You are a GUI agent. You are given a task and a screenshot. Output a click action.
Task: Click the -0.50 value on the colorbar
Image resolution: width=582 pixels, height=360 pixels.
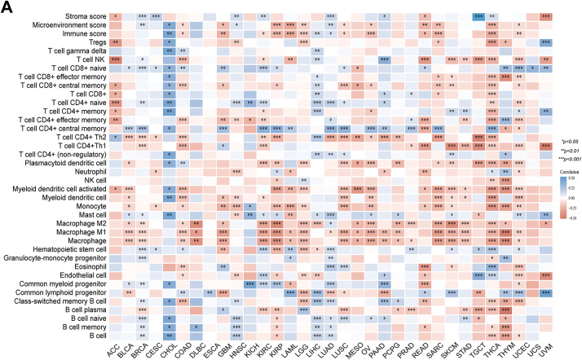click(x=572, y=242)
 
